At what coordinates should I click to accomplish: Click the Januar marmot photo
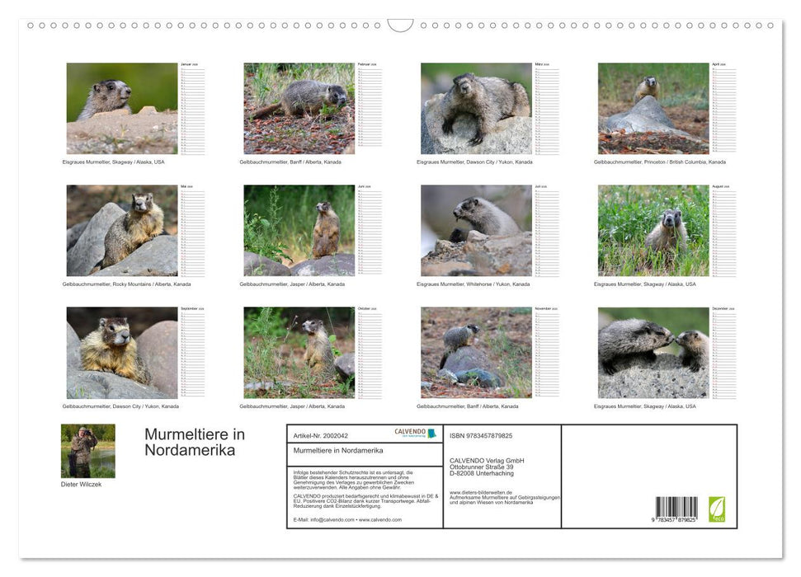[x=122, y=109]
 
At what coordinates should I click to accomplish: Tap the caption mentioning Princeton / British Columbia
[x=659, y=162]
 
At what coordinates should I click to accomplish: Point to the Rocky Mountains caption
[x=126, y=284]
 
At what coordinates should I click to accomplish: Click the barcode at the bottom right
[x=676, y=508]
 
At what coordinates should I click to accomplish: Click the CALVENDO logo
[x=416, y=433]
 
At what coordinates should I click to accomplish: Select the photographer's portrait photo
[x=88, y=451]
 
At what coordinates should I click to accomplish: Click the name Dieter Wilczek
[x=82, y=485]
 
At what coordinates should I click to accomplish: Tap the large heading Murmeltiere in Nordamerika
[x=195, y=442]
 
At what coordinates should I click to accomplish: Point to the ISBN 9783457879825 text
[x=481, y=435]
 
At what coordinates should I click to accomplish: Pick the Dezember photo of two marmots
[x=653, y=353]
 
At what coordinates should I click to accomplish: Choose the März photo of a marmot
[x=476, y=109]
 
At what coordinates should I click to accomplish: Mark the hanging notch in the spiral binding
[x=400, y=26]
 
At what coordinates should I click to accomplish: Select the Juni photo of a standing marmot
[x=299, y=231]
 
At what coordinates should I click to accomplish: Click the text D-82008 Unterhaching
[x=481, y=473]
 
